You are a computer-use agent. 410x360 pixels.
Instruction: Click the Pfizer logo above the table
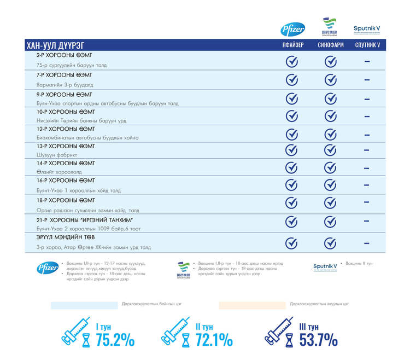[x=293, y=29]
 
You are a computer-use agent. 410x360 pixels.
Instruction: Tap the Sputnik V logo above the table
[x=366, y=28]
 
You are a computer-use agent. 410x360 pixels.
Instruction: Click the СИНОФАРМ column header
[x=331, y=45]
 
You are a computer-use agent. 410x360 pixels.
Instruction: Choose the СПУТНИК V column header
[x=367, y=45]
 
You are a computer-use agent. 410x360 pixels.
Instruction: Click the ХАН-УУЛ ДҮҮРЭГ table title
[x=55, y=45]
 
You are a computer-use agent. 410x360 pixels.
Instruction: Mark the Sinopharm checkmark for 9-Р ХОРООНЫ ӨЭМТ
[x=331, y=98]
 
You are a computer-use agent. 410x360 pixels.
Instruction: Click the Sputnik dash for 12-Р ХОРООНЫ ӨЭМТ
[x=367, y=135]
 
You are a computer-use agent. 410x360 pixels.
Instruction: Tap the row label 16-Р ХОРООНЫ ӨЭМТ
[x=66, y=180]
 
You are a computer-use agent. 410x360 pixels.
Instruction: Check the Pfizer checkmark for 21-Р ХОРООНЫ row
[x=292, y=222]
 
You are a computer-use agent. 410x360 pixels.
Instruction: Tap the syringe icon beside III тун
[x=279, y=331]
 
